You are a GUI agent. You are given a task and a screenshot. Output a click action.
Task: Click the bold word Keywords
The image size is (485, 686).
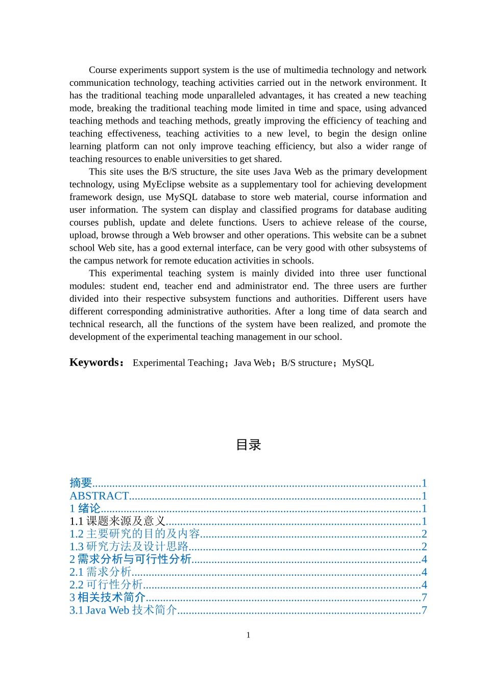click(x=95, y=362)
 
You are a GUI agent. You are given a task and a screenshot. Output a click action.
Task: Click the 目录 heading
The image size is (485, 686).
click(x=249, y=445)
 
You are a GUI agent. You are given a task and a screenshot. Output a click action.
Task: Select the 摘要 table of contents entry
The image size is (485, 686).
click(x=81, y=483)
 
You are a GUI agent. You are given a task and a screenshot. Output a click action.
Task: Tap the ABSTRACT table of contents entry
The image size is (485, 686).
click(x=99, y=496)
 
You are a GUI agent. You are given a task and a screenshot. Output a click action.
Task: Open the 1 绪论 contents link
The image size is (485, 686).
click(x=85, y=508)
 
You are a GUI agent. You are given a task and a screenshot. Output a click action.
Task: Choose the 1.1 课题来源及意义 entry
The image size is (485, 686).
click(x=117, y=521)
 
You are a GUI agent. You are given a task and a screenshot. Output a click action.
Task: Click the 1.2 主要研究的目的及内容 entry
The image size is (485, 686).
click(x=135, y=534)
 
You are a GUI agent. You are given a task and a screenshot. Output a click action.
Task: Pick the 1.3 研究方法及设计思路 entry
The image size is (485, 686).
click(x=129, y=547)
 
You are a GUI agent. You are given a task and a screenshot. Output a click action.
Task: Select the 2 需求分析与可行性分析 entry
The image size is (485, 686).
click(x=130, y=559)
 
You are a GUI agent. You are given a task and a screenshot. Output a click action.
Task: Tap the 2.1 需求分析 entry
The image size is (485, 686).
click(x=100, y=572)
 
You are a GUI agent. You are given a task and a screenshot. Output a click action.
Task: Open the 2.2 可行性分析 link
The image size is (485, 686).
click(x=106, y=585)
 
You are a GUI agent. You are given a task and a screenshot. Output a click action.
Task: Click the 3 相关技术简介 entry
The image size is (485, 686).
click(x=108, y=598)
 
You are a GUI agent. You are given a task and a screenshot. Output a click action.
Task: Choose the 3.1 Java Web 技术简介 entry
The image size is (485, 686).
click(x=123, y=610)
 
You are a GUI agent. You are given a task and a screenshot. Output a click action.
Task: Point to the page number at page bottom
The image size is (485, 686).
click(x=248, y=635)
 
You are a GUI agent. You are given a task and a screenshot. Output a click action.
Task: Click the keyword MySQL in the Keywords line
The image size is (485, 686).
click(x=358, y=363)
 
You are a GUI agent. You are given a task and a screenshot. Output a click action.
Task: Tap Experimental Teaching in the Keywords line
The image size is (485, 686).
click(x=178, y=363)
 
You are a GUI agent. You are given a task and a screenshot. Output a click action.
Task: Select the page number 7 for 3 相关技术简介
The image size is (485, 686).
click(x=424, y=598)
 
